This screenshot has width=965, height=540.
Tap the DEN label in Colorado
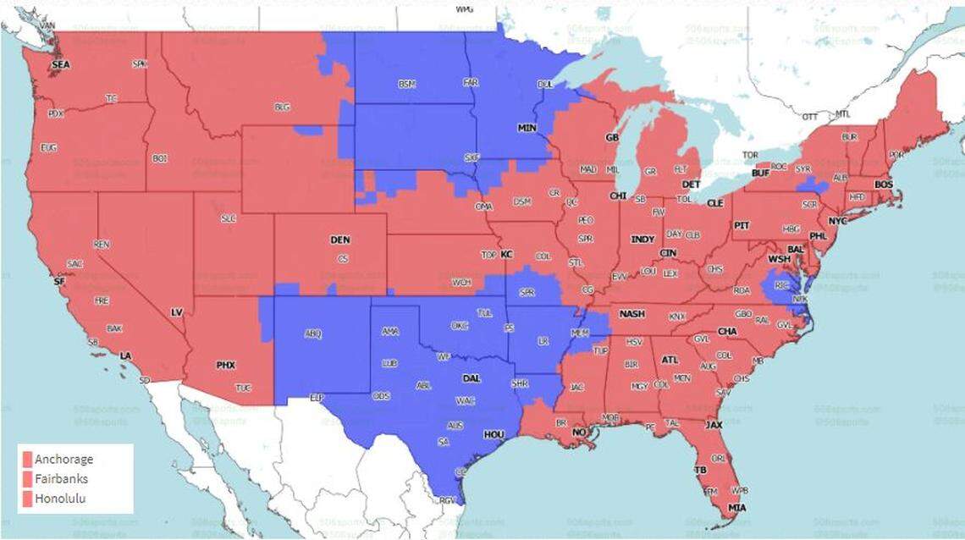point(339,240)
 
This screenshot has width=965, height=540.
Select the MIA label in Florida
point(738,508)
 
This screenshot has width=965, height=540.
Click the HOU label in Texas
point(494,434)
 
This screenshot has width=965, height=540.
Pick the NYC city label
point(837,220)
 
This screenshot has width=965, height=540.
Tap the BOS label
point(883,185)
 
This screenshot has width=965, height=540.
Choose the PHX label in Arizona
point(225,366)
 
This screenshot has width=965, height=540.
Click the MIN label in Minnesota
point(527,128)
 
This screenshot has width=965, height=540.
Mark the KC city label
point(506,254)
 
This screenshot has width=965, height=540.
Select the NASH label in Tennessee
point(631,314)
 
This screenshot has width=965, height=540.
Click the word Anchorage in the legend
point(64,460)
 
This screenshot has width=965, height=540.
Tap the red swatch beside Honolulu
point(27,499)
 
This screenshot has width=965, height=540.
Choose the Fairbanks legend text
point(62,479)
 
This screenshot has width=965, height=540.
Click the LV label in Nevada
point(177,312)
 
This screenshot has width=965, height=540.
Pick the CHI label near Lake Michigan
point(617,196)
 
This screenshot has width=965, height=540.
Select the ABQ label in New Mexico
point(312,333)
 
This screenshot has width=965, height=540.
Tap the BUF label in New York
point(760,173)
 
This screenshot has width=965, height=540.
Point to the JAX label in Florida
point(714,425)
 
